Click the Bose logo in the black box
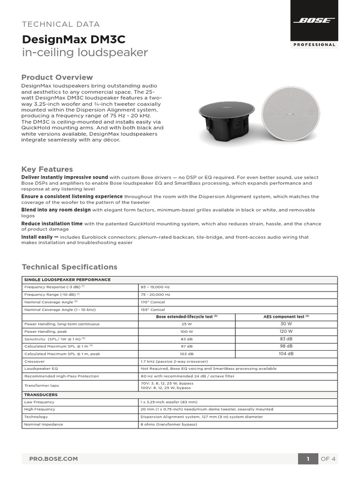point(314,21)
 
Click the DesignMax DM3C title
point(74,39)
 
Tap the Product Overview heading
point(57,77)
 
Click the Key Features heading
point(47,169)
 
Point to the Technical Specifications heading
point(69,267)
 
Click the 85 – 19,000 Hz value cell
point(156,287)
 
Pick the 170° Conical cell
point(153,302)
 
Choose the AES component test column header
point(285,317)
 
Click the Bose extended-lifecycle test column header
point(187,317)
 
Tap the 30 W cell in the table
point(286,324)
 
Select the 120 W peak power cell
point(286,331)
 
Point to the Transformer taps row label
point(41,386)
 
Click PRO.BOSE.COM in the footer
point(53,459)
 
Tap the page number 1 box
point(308,459)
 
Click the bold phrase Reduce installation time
point(52,224)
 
